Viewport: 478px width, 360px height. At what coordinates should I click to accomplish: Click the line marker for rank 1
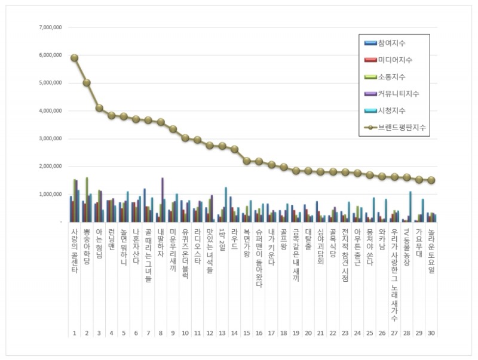tap(74, 58)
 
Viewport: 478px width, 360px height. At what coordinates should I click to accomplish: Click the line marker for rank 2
tap(87, 82)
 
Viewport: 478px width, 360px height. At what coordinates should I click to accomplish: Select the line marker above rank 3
tap(99, 108)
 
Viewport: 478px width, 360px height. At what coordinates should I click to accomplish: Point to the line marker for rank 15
tap(247, 161)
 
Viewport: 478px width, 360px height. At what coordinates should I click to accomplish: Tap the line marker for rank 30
tap(431, 180)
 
